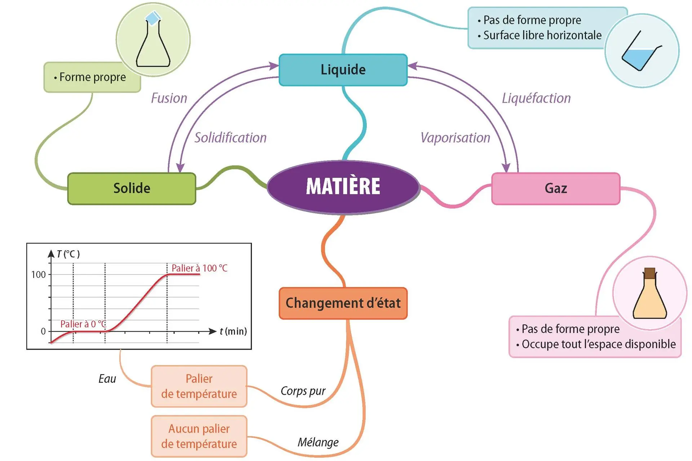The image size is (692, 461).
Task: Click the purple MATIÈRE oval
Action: [x=343, y=187]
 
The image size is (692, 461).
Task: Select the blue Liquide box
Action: [x=343, y=70]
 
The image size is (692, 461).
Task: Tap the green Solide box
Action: [x=132, y=188]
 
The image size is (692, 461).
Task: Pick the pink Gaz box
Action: [x=556, y=188]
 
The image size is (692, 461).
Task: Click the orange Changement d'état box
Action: [x=343, y=303]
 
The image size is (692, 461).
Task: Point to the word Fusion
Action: [x=169, y=98]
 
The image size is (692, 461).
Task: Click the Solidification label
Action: [x=231, y=138]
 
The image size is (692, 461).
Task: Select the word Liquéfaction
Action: [x=536, y=98]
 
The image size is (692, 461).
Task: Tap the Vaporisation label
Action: [x=456, y=138]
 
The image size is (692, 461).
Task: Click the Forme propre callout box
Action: [x=92, y=77]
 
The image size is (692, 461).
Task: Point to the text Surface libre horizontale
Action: [x=542, y=35]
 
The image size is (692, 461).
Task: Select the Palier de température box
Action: [x=199, y=386]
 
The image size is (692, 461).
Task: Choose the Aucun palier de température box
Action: [x=199, y=437]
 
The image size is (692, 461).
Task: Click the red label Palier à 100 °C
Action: [x=199, y=268]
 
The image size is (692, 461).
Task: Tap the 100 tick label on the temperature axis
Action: [x=39, y=275]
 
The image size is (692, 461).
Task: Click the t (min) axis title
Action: [x=233, y=331]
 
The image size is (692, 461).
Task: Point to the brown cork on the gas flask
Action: [x=649, y=273]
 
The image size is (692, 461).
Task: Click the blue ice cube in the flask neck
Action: [x=153, y=18]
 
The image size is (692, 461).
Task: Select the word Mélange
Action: [x=318, y=442]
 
